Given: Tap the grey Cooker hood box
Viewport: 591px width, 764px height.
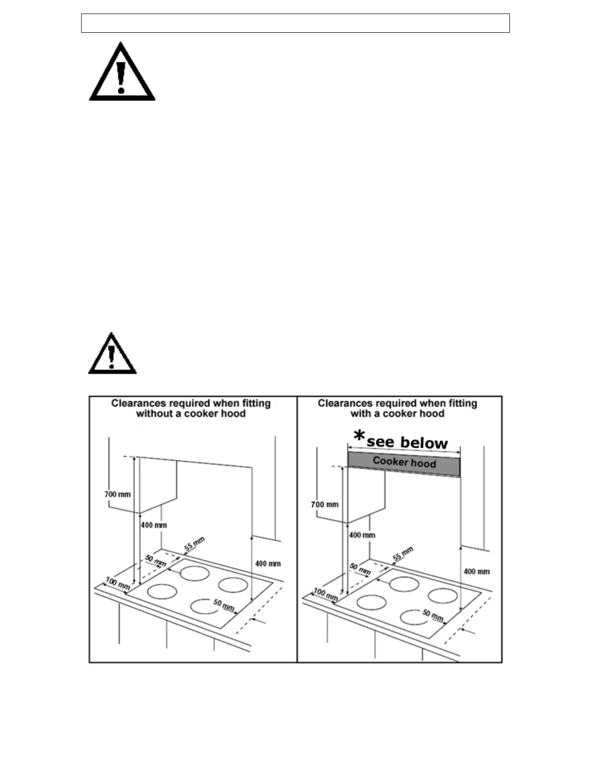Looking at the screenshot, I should tap(404, 463).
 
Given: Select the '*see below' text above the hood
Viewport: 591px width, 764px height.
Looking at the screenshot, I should tap(401, 440).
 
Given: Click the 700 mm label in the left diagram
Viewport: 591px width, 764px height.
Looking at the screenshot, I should tap(117, 494).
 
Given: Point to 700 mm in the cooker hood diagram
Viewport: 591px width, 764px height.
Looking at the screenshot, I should tap(324, 505).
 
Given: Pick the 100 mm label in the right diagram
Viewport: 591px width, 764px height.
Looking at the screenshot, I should tap(325, 594).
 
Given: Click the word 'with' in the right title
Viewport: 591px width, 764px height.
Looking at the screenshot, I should tap(360, 414).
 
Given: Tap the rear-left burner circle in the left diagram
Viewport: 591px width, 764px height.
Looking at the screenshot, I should tap(195, 573).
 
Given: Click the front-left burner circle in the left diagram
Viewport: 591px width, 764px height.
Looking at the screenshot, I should tap(162, 591).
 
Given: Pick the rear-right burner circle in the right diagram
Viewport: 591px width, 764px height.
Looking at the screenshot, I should tap(443, 596).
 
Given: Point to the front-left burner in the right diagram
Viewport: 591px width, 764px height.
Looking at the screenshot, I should tap(371, 602).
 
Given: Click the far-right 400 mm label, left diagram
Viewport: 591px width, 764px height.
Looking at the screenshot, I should tap(267, 563).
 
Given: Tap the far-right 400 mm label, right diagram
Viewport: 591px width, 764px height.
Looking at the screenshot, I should tap(477, 572).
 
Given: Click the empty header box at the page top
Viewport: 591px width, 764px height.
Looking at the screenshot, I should tap(295, 23).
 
